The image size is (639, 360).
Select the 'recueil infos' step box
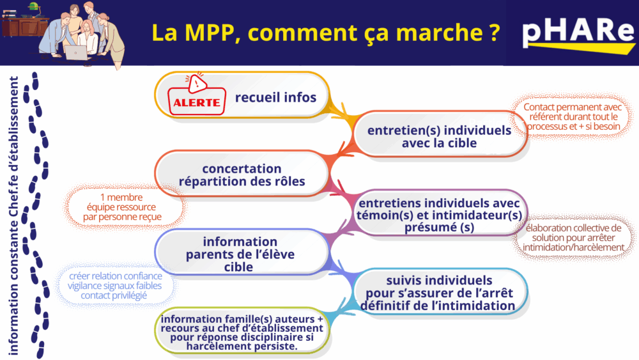pyautogui.click(x=242, y=95)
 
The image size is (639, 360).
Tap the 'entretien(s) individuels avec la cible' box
pyautogui.click(x=440, y=134)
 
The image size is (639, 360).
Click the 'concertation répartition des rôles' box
pyautogui.click(x=242, y=174)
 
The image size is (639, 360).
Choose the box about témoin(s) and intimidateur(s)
pyautogui.click(x=440, y=213)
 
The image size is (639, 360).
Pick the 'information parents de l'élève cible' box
pyautogui.click(x=242, y=252)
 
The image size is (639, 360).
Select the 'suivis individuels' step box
pyautogui.click(x=440, y=292)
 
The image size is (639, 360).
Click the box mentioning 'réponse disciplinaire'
pyautogui.click(x=242, y=331)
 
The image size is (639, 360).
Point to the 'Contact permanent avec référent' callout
pyautogui.click(x=573, y=116)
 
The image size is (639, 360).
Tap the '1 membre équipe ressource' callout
pyautogui.click(x=122, y=207)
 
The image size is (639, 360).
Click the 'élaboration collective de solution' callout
pyautogui.click(x=573, y=237)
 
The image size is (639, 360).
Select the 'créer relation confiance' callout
pyautogui.click(x=114, y=285)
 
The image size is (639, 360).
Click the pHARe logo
pyautogui.click(x=578, y=35)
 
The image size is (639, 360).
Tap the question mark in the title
pyautogui.click(x=494, y=33)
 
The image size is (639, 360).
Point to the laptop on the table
pyautogui.click(x=76, y=53)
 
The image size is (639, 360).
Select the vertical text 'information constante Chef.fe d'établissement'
pyautogui.click(x=14, y=215)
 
